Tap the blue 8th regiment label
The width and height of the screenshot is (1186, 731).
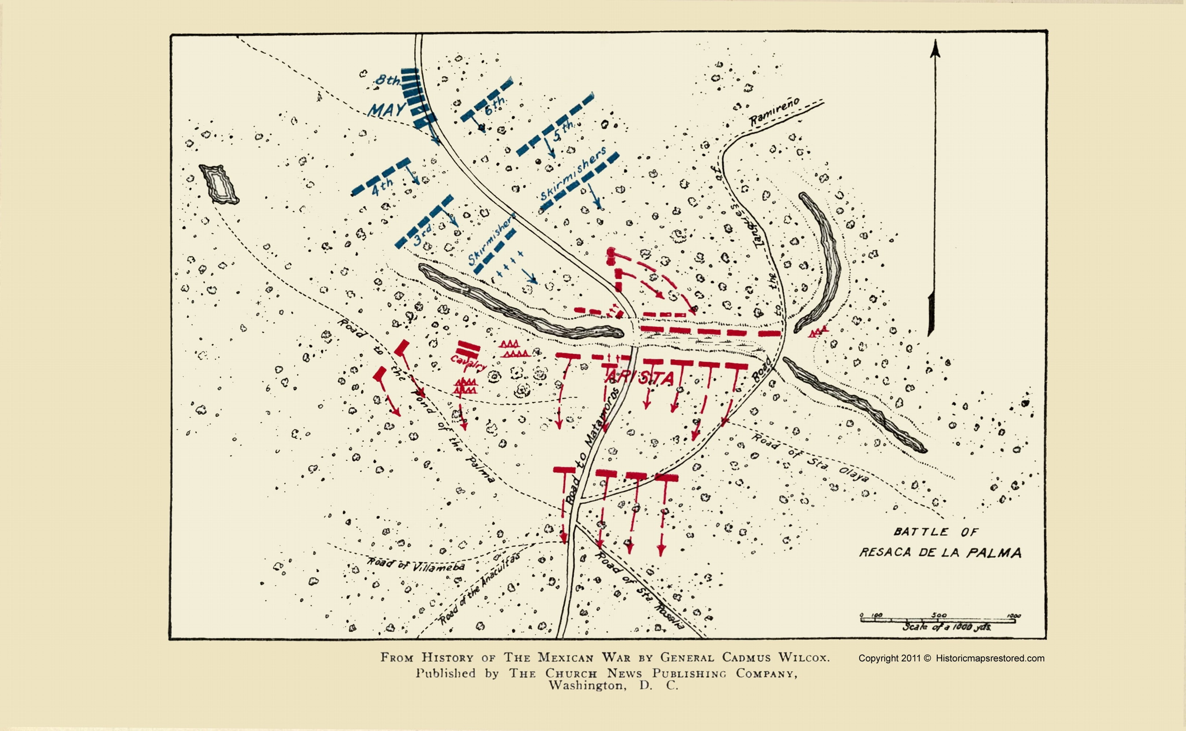(x=388, y=80)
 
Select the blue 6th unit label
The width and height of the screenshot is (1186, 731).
(x=494, y=105)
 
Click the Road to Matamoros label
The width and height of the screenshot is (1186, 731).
(x=593, y=445)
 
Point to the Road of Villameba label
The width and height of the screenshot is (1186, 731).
(x=416, y=564)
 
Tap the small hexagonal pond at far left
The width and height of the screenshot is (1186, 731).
(x=219, y=184)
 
